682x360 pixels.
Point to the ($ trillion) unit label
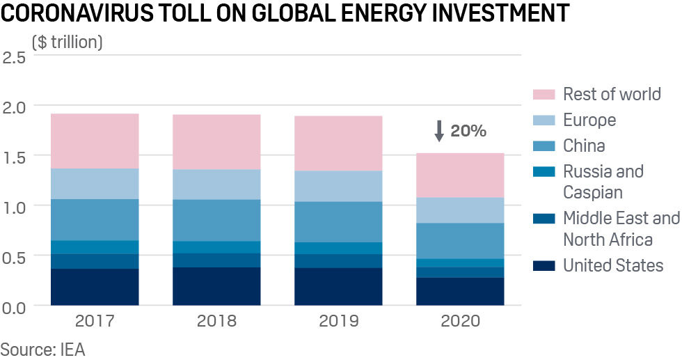[x=67, y=42]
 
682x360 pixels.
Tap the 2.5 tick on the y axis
[x=15, y=56]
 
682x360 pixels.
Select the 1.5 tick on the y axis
[x=15, y=157]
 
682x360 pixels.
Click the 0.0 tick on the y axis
[x=15, y=307]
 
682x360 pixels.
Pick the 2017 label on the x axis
[x=95, y=321]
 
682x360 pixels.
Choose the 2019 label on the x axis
[x=338, y=321]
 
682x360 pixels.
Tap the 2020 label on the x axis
[x=460, y=321]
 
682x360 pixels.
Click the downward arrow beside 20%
[x=438, y=131]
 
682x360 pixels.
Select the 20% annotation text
[x=468, y=131]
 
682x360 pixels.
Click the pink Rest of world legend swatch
[x=543, y=95]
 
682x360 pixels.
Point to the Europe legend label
[x=589, y=120]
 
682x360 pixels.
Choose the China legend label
[x=584, y=146]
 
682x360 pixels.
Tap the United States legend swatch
[x=543, y=265]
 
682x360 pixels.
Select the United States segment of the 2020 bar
[x=460, y=292]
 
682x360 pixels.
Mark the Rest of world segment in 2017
[x=95, y=141]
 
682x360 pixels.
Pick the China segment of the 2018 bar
[x=216, y=220]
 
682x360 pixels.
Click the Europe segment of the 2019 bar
[x=338, y=186]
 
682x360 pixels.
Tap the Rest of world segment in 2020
[x=460, y=175]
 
